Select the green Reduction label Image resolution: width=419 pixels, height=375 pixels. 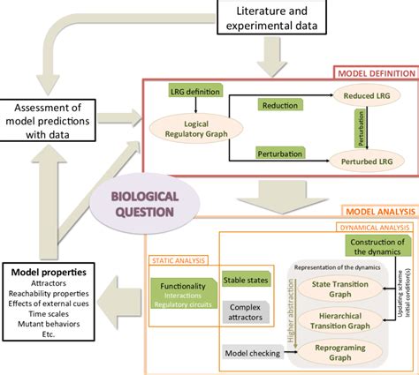click(276, 104)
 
